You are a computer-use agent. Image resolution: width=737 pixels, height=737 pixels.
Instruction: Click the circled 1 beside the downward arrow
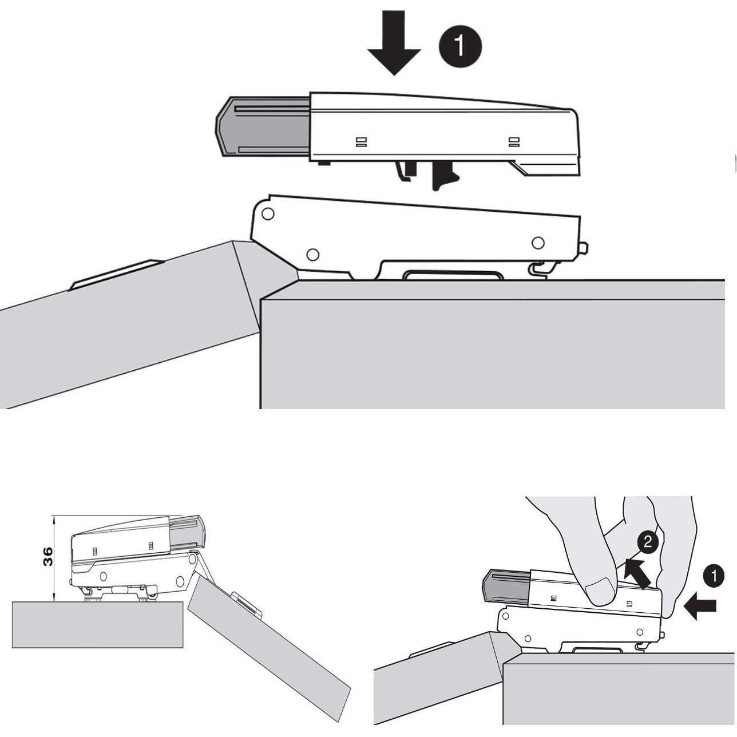point(460,45)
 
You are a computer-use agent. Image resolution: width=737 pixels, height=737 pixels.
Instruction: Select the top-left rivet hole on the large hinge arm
point(267,214)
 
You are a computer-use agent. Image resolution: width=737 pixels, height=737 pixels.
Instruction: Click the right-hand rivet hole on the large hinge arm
point(538,243)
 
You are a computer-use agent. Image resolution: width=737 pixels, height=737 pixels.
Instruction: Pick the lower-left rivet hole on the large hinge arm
point(312,253)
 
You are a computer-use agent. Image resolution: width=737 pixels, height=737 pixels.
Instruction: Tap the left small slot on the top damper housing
point(360,141)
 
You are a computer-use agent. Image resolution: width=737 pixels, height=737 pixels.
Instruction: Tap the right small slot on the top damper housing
point(514,141)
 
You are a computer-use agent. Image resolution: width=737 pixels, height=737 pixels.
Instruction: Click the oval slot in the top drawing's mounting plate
point(454,276)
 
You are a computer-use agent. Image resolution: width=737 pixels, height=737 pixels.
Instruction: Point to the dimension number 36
point(48,556)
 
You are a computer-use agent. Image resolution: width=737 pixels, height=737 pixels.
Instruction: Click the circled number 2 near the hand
point(647,541)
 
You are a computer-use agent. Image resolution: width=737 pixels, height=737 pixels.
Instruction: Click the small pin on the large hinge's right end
point(584,248)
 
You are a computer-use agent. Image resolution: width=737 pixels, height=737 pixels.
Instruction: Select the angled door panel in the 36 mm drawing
point(269,647)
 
